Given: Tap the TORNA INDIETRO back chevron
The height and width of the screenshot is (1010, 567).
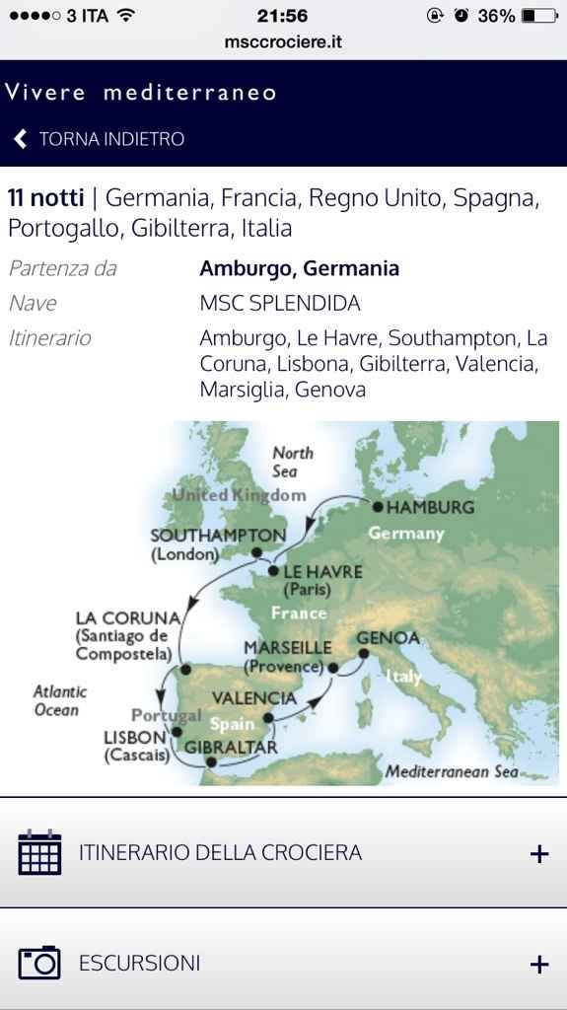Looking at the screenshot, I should tap(21, 139).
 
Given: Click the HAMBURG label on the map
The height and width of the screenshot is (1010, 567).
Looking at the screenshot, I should tap(430, 507).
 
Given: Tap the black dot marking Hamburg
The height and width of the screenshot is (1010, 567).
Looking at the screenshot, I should tap(377, 507).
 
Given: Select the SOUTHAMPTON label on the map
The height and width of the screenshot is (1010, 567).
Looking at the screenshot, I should tap(217, 536).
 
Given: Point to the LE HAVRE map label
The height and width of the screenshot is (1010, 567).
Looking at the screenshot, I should tap(322, 572).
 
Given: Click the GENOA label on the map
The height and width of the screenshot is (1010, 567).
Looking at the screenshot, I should tap(389, 638).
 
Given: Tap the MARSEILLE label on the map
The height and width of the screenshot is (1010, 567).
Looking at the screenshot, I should tap(287, 648).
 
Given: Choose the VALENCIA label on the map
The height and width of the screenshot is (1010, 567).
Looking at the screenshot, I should tap(253, 698).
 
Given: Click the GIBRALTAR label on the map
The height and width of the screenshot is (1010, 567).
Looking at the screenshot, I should tap(231, 748).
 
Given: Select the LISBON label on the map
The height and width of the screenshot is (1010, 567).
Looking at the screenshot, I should tap(134, 737).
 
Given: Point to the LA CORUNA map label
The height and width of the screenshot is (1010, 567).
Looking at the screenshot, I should tap(128, 618).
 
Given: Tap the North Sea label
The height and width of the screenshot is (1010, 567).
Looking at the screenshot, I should tap(292, 462).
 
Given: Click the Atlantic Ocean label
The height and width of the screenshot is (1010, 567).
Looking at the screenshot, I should tap(59, 700).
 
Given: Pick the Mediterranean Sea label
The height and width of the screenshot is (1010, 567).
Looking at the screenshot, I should tap(451, 771).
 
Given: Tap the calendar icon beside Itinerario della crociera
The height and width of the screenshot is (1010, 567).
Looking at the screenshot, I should tap(39, 852).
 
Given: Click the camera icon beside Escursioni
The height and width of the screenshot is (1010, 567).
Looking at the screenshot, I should tap(39, 963).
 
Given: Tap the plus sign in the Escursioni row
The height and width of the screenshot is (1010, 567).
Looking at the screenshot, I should tap(538, 964).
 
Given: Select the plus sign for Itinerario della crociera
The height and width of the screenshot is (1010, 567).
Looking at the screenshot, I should tap(538, 853).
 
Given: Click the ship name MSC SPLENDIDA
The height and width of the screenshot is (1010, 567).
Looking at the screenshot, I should tap(280, 303).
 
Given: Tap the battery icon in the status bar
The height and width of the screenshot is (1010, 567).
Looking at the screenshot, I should tap(539, 16).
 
